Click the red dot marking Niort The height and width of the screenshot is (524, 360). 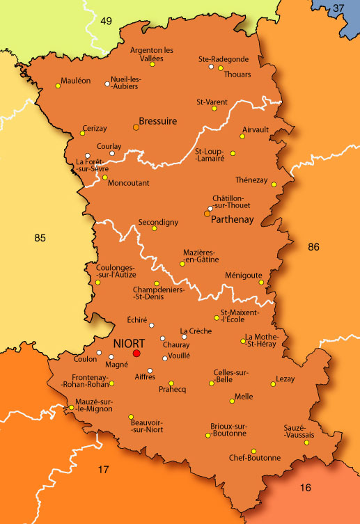(x=136, y=354)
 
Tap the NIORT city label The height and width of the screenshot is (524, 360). (x=128, y=343)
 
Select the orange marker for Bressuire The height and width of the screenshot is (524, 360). (x=136, y=127)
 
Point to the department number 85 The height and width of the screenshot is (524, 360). (x=40, y=238)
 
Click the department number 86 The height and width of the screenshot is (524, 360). (x=313, y=246)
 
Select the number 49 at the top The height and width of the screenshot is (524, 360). (x=107, y=20)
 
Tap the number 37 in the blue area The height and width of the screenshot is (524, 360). (x=338, y=8)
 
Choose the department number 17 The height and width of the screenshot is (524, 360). (x=103, y=470)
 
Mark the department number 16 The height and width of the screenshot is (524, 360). (x=305, y=488)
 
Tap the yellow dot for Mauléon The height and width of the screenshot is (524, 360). (x=58, y=86)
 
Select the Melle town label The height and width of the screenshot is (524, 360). (x=244, y=396)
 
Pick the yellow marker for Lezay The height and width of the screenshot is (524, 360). (x=273, y=384)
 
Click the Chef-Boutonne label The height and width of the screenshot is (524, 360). (x=255, y=458)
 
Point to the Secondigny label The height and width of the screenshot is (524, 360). (x=158, y=221)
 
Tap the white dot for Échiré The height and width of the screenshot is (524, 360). (x=151, y=325)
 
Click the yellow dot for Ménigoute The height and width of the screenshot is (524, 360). (x=261, y=282)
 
